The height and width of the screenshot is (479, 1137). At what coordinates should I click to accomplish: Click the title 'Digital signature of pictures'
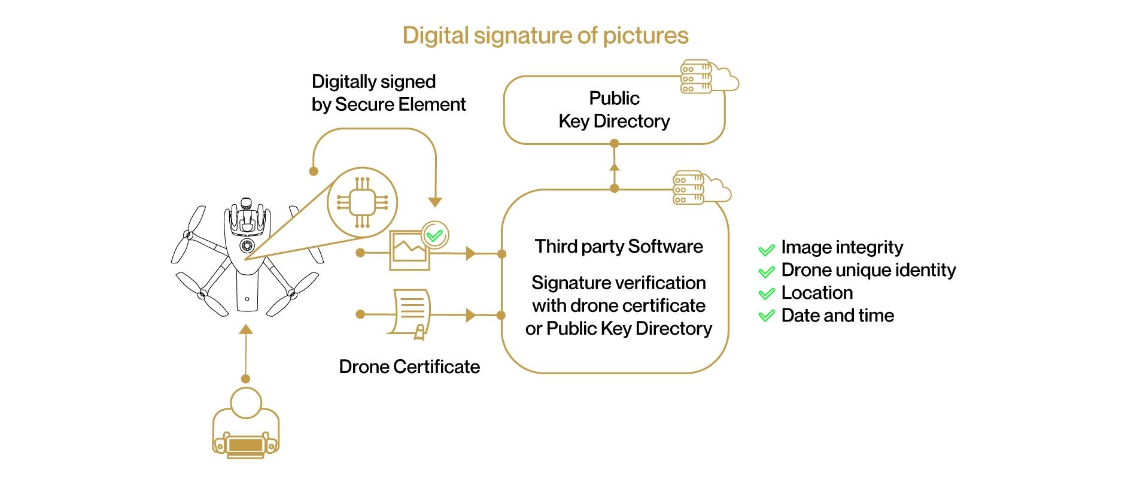[x=545, y=35]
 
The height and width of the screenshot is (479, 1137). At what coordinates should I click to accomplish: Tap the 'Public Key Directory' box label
[x=614, y=110]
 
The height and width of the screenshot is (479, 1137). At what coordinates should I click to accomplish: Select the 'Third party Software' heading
[x=619, y=246]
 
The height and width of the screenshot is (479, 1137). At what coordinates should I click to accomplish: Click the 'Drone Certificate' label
[x=409, y=366]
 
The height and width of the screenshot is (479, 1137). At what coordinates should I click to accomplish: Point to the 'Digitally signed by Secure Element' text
[x=388, y=93]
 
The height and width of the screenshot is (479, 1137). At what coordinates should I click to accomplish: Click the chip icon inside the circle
[x=362, y=202]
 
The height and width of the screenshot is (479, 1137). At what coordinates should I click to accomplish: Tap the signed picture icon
[x=409, y=250]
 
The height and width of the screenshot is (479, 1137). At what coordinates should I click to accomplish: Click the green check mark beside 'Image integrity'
[x=767, y=249]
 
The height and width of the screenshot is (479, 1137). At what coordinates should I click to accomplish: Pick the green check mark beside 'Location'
[x=767, y=294]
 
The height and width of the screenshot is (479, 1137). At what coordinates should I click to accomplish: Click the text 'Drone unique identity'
[x=868, y=270]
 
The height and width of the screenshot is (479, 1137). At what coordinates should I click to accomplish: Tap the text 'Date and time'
[x=837, y=316]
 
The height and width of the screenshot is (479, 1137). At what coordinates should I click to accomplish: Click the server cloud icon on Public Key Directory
[x=709, y=77]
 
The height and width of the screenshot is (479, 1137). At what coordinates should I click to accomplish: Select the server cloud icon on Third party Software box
[x=701, y=187]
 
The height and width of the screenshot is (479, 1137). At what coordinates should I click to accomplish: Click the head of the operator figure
[x=246, y=402]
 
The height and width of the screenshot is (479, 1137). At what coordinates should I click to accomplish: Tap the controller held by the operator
[x=246, y=445]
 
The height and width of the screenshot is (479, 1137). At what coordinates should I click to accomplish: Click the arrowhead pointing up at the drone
[x=245, y=329]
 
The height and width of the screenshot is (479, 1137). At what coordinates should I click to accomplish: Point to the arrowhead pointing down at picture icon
[x=435, y=202]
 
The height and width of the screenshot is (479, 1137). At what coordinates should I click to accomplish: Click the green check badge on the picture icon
[x=435, y=235]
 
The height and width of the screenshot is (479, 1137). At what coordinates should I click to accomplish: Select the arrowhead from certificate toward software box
[x=470, y=314]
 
